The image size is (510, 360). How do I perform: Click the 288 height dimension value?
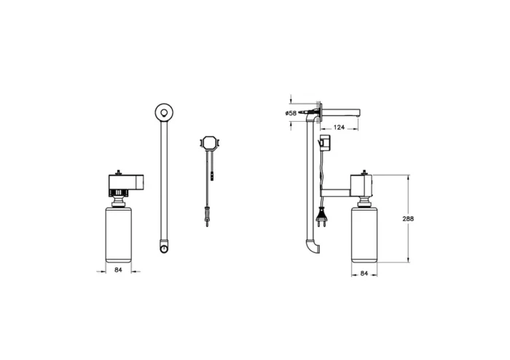(x=408, y=219)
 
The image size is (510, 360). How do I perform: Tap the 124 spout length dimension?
(x=339, y=127)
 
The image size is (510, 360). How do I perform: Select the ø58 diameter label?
(x=291, y=113)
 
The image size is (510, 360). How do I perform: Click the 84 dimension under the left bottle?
(x=118, y=270)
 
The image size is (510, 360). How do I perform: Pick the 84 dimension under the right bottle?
(x=364, y=273)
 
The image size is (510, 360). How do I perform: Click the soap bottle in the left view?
(x=118, y=235)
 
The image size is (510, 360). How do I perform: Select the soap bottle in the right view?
(x=364, y=235)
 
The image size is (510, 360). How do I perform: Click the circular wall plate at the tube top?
(x=164, y=112)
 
